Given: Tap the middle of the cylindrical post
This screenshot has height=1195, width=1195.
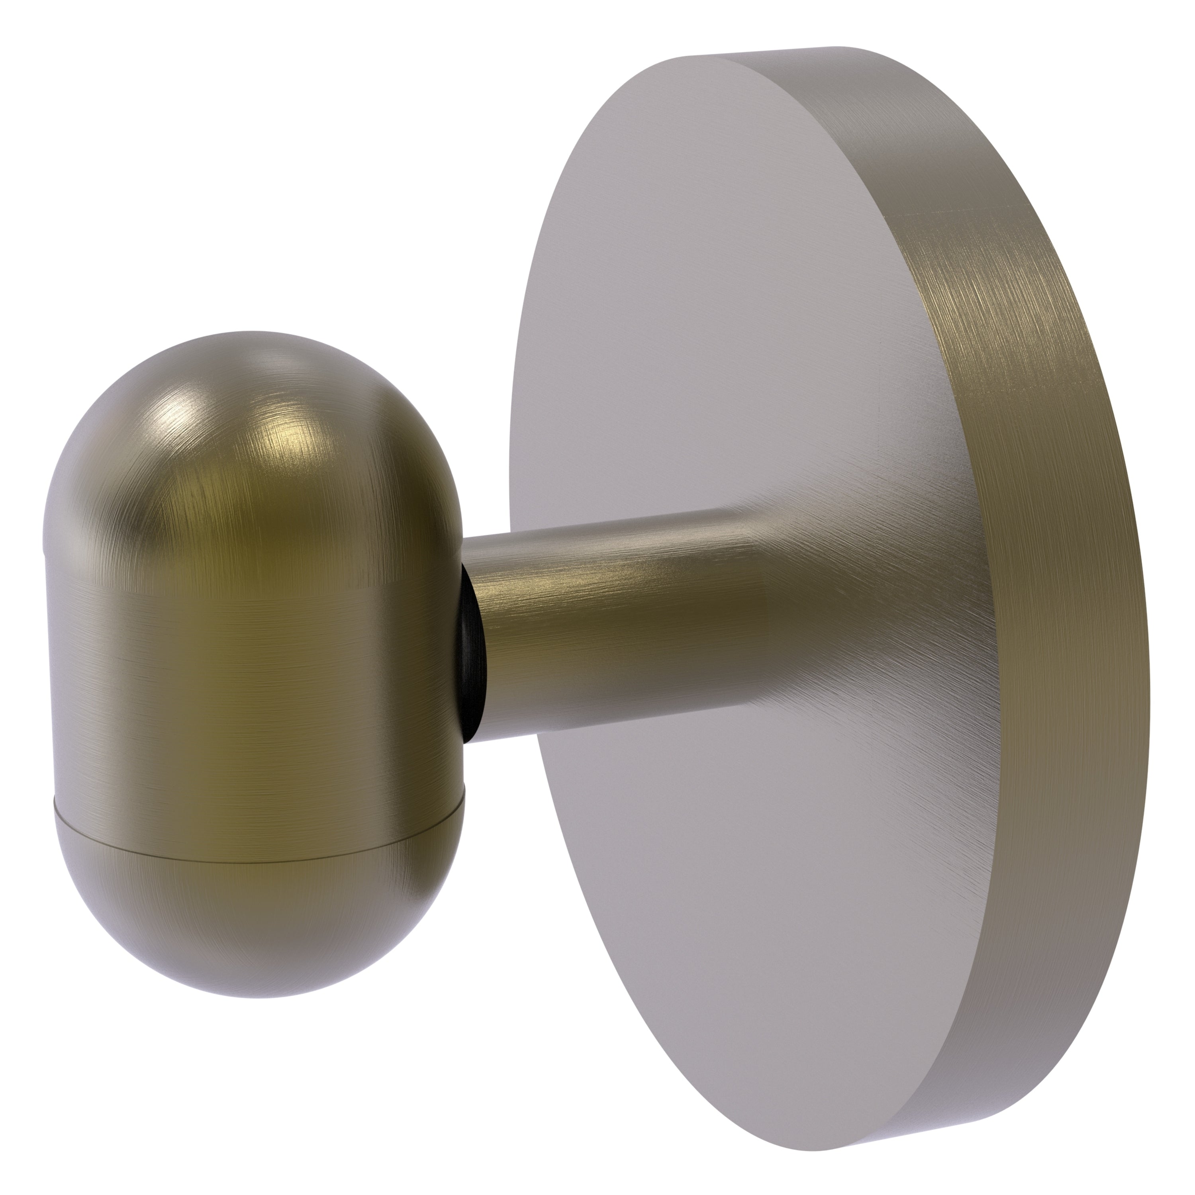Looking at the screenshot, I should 619,625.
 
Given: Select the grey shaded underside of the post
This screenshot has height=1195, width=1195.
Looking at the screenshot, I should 619,699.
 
